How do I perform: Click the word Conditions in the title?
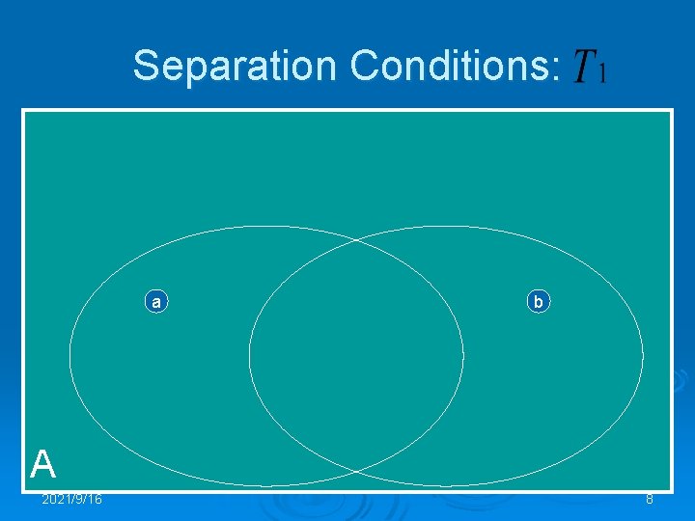click(x=448, y=67)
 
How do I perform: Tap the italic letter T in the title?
click(x=583, y=68)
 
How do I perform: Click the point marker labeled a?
click(x=155, y=302)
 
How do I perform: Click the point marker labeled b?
click(x=539, y=302)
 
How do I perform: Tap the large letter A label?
click(x=42, y=465)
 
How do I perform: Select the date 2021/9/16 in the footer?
click(x=72, y=499)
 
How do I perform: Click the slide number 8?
click(x=650, y=499)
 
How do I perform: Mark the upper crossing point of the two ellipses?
click(x=356, y=239)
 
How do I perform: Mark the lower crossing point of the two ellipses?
click(x=356, y=472)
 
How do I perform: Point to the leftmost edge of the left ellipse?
click(x=69, y=356)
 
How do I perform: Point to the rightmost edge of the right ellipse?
click(x=643, y=356)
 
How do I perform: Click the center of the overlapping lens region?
click(x=356, y=356)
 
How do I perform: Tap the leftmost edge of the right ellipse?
click(x=249, y=356)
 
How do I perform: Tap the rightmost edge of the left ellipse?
click(x=463, y=356)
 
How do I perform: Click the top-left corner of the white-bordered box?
click(x=23, y=110)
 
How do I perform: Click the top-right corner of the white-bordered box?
click(x=672, y=110)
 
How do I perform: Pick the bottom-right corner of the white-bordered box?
click(x=672, y=492)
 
